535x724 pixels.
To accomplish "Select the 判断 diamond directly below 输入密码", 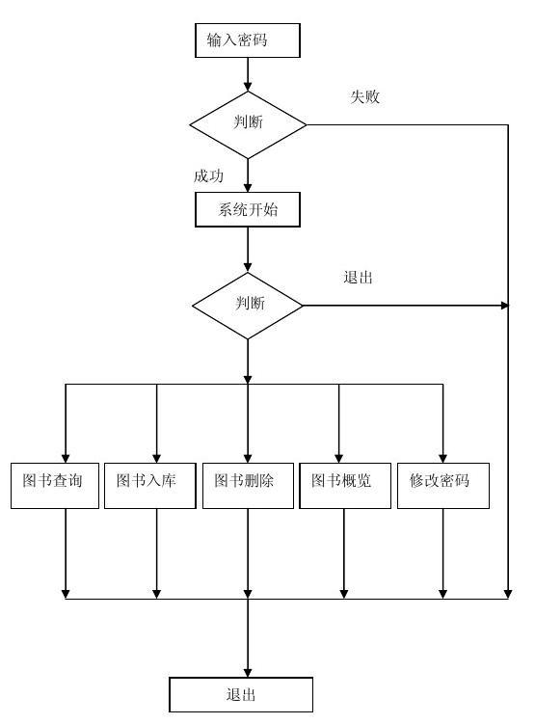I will [248, 123].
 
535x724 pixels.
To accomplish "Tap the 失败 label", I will [364, 96].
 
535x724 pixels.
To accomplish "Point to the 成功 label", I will [209, 175].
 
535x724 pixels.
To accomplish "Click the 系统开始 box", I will [248, 209].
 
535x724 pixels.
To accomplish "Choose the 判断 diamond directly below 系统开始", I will [248, 305].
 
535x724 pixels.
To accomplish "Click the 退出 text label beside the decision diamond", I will [358, 278].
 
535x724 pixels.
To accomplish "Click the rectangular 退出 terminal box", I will [241, 694].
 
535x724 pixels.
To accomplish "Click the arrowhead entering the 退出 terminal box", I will [248, 671].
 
